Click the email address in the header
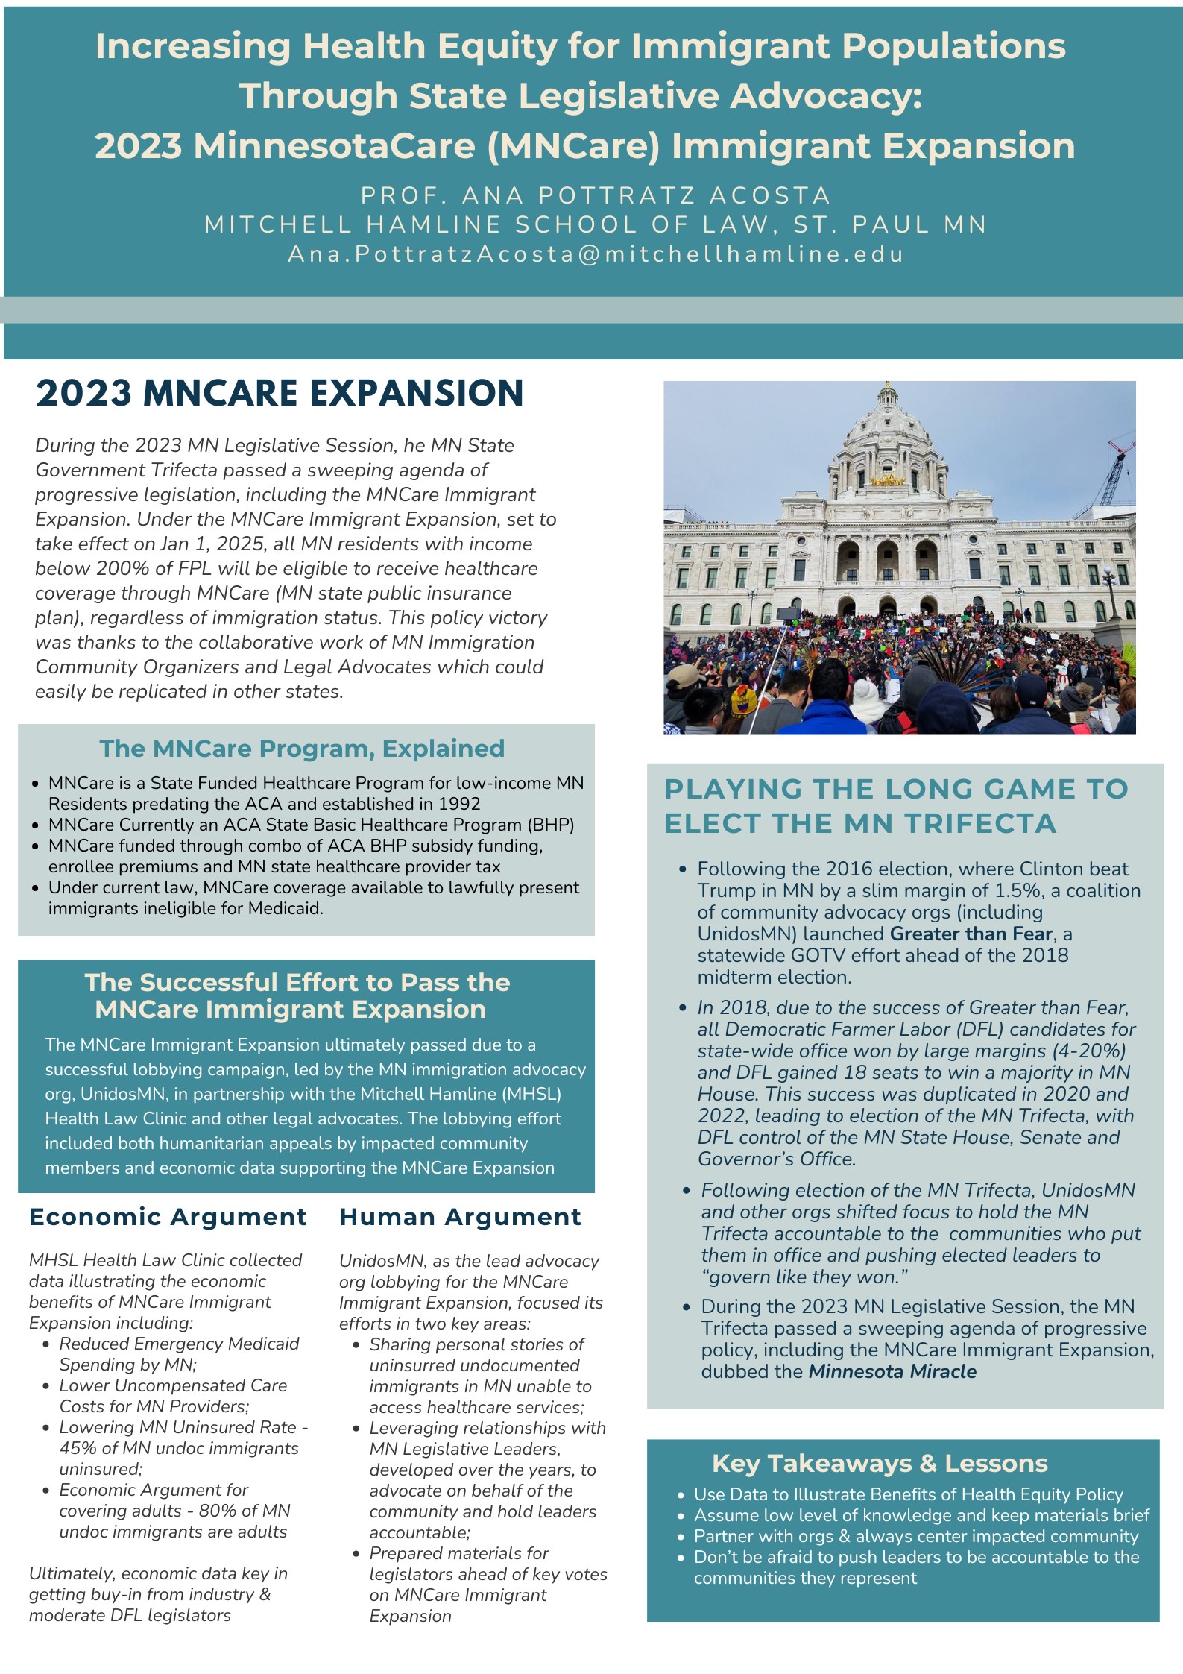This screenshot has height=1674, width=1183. pos(596,254)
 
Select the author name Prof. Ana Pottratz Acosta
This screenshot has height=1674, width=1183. pos(596,195)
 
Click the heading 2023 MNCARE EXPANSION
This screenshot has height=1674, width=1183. pos(280,393)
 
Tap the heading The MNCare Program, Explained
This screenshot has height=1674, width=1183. pos(302,748)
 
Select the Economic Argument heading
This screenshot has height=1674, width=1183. pos(168,1217)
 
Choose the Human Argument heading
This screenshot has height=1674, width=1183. pos(460,1217)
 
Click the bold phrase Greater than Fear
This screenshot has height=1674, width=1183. pos(971,934)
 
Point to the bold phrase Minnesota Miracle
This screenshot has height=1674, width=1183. pos(892,1371)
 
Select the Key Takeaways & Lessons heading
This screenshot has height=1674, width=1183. pos(880,1464)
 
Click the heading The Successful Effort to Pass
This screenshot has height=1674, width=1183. pos(297,982)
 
